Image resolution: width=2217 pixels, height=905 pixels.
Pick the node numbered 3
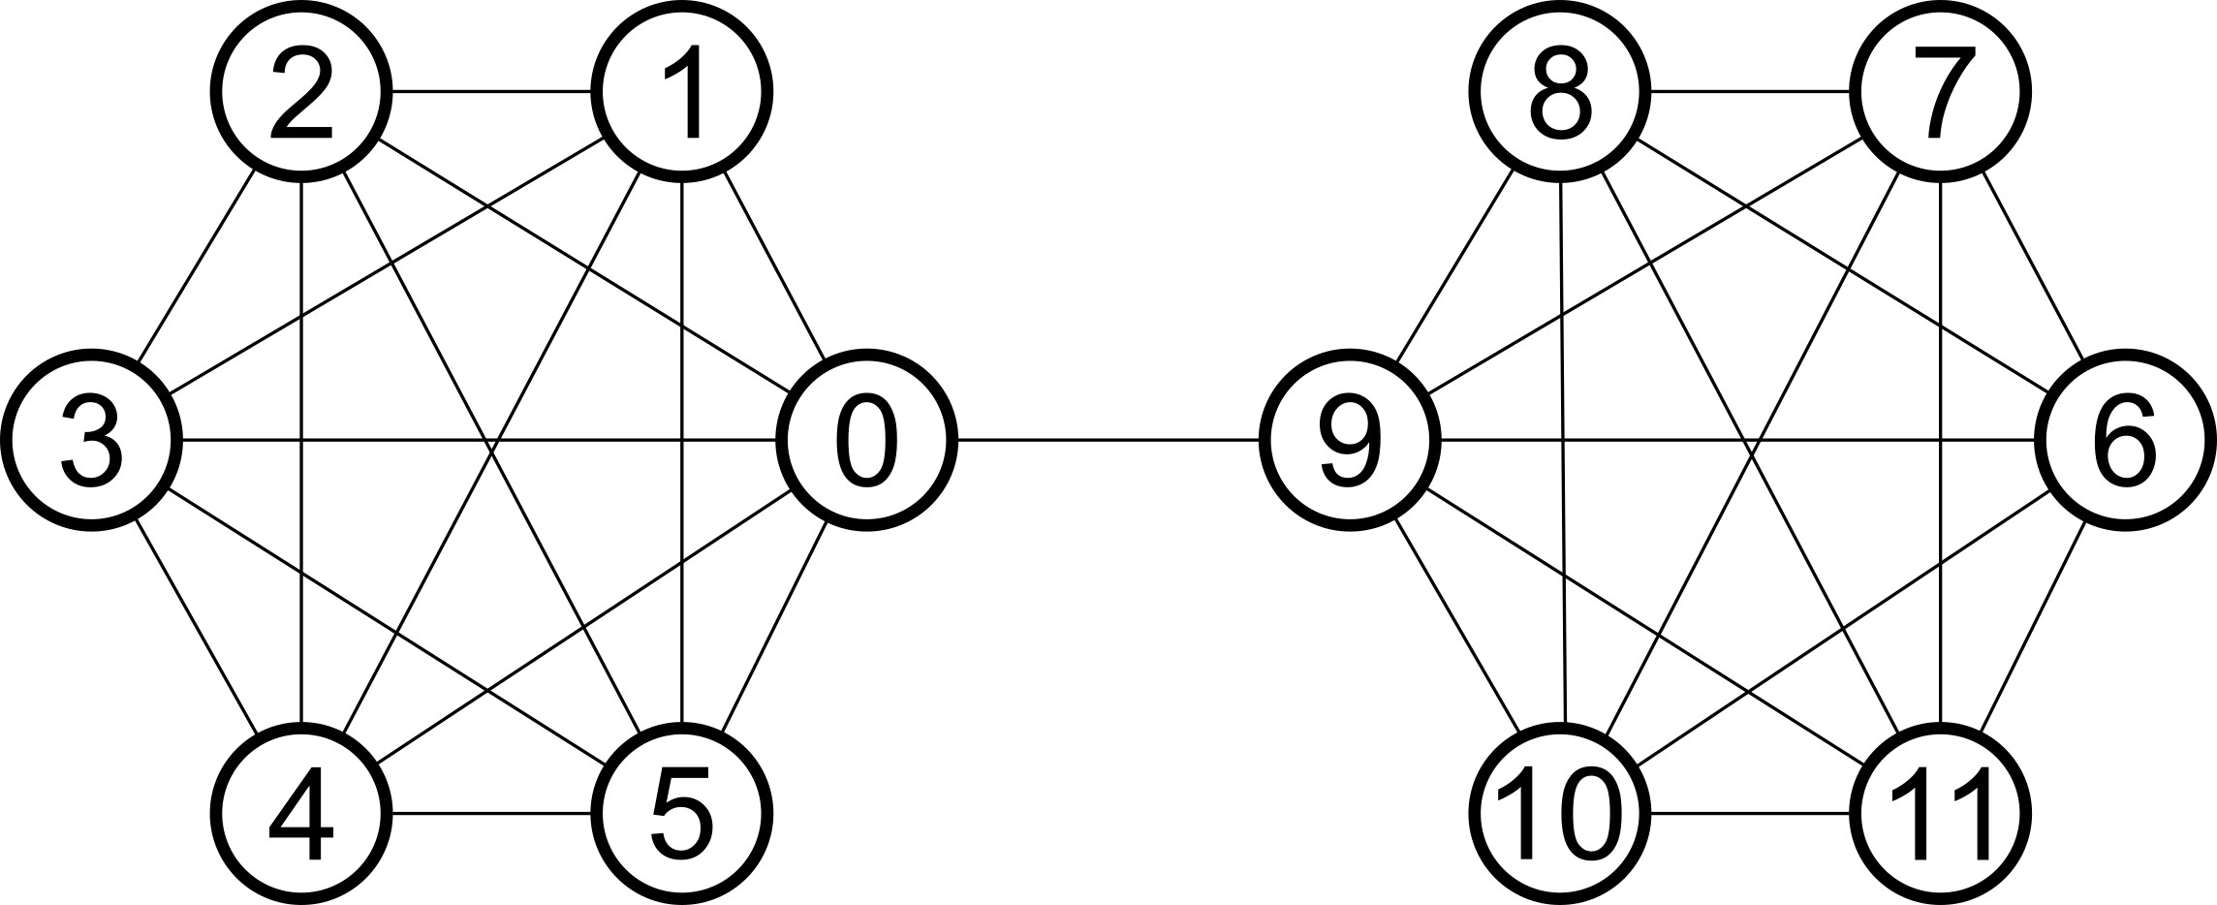click(x=92, y=441)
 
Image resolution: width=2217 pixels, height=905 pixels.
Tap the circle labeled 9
click(x=1350, y=441)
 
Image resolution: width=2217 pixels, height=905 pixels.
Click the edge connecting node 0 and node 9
click(x=1108, y=441)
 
